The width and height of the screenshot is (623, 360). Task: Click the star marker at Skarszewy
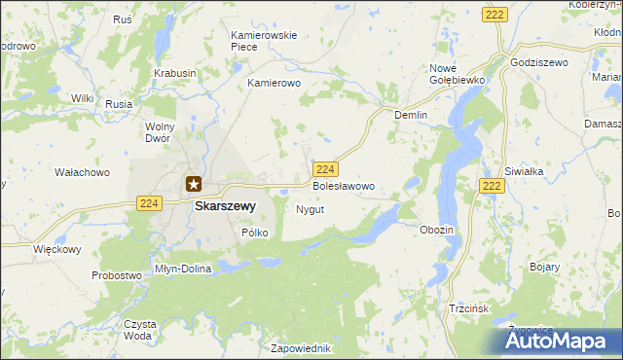pyautogui.click(x=193, y=182)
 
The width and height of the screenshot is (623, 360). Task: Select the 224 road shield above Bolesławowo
pyautogui.click(x=327, y=168)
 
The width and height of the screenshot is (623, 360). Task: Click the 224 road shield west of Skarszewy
pyautogui.click(x=148, y=202)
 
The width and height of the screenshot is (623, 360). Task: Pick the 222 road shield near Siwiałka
pyautogui.click(x=492, y=185)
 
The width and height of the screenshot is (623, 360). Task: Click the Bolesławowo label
pyautogui.click(x=342, y=185)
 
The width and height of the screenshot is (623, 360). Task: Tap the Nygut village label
pyautogui.click(x=310, y=209)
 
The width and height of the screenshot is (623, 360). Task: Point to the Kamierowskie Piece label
pyautogui.click(x=263, y=41)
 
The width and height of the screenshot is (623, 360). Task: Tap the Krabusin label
pyautogui.click(x=175, y=73)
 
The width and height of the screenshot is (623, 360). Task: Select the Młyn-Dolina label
pyautogui.click(x=183, y=269)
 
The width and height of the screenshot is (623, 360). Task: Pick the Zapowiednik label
pyautogui.click(x=303, y=348)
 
